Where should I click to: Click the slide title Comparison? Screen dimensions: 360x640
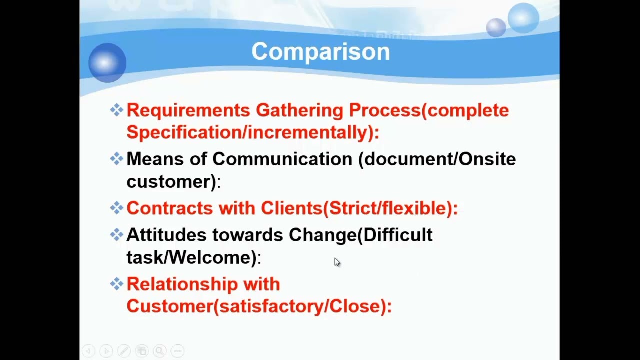coord(320,52)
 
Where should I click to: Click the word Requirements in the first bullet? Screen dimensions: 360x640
coord(188,110)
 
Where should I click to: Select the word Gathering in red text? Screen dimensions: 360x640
coord(299,110)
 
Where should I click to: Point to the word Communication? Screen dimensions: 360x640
coord(282,159)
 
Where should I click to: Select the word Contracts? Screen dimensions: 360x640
coord(169,208)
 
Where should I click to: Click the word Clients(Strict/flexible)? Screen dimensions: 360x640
coord(358,208)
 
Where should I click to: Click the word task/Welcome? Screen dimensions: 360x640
coord(192,257)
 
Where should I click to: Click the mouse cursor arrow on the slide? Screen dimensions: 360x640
coord(337,263)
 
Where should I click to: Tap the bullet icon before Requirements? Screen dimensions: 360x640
coord(116,110)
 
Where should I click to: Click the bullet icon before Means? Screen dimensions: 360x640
coord(116,159)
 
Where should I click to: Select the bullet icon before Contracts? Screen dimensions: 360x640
coord(116,208)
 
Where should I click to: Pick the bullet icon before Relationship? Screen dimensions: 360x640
coord(116,284)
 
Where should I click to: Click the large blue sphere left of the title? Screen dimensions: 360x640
coord(107,63)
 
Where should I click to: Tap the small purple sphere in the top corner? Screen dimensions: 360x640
coord(496,27)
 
